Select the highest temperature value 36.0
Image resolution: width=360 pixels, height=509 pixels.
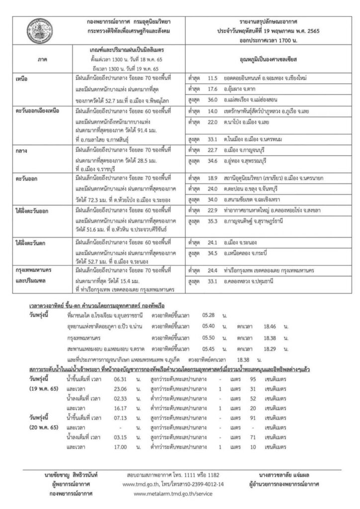coord(213,101)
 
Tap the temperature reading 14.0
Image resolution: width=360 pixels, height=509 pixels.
coord(213,112)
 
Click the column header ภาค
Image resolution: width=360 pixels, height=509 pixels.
coord(42,60)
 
